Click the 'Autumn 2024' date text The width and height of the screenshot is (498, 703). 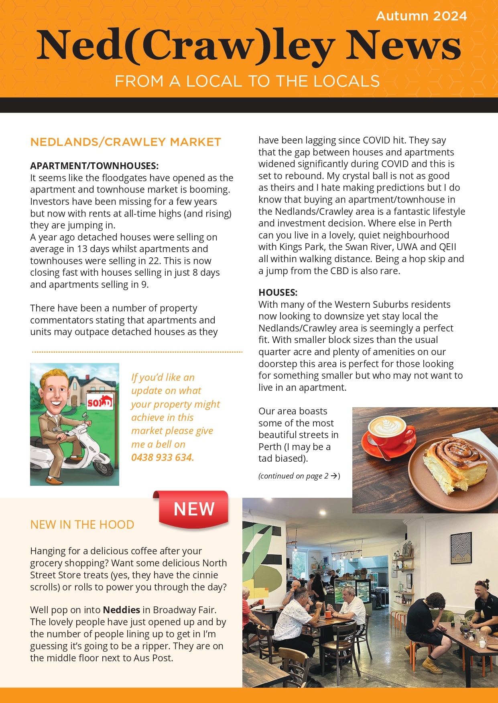(421, 16)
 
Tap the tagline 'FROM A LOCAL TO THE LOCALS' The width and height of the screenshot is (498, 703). (247, 81)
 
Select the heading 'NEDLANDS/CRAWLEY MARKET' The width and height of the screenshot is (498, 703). (126, 142)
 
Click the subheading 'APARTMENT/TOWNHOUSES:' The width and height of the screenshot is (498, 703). (94, 166)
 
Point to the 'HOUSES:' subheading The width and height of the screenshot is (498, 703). (278, 292)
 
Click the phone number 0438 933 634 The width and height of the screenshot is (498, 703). (163, 457)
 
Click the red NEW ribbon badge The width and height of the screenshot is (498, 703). (193, 509)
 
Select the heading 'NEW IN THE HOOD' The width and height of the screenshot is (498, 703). (82, 525)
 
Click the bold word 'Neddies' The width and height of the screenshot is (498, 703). (121, 610)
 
